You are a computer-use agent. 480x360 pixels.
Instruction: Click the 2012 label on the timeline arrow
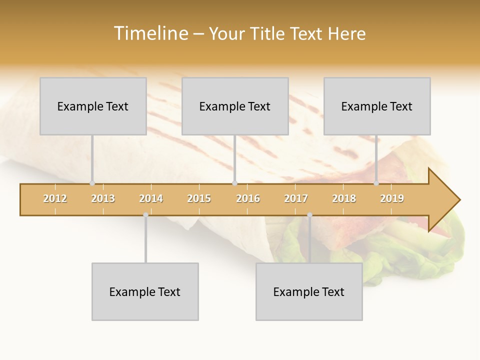[55, 198]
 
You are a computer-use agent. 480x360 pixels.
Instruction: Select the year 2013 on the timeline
[103, 198]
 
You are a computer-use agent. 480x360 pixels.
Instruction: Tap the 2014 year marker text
[151, 198]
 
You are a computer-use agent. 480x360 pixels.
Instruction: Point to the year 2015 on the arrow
[199, 198]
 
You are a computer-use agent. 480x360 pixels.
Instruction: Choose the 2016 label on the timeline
[248, 198]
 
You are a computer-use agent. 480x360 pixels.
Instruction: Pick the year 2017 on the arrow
[296, 198]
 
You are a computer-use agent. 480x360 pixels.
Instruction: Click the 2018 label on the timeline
[344, 198]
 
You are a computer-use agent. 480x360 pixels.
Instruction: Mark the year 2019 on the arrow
[392, 198]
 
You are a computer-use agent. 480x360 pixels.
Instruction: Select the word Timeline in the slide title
[150, 33]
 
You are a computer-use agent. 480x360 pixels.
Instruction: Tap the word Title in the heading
[267, 33]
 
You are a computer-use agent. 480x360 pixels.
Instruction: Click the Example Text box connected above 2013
[93, 106]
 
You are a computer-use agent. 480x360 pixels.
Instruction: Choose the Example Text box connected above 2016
[235, 106]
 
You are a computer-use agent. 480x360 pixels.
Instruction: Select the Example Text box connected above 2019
[377, 106]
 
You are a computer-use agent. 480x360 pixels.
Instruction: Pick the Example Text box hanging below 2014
[145, 291]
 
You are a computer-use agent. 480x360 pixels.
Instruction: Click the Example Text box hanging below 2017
[309, 291]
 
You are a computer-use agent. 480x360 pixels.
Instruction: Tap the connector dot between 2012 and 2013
[92, 183]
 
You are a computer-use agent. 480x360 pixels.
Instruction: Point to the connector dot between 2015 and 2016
[235, 183]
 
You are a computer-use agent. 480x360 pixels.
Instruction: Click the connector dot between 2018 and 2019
[376, 183]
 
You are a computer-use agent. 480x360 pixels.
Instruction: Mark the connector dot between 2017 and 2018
[309, 215]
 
